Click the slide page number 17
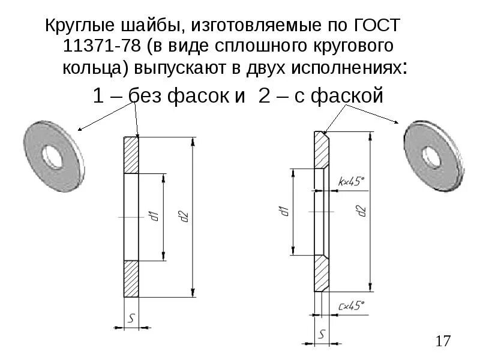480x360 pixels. click(443, 341)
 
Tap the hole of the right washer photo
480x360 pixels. click(430, 157)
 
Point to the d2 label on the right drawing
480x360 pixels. click(361, 211)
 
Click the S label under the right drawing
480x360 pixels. click(323, 334)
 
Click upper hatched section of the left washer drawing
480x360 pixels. click(131, 155)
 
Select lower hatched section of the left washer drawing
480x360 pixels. click(131, 278)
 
